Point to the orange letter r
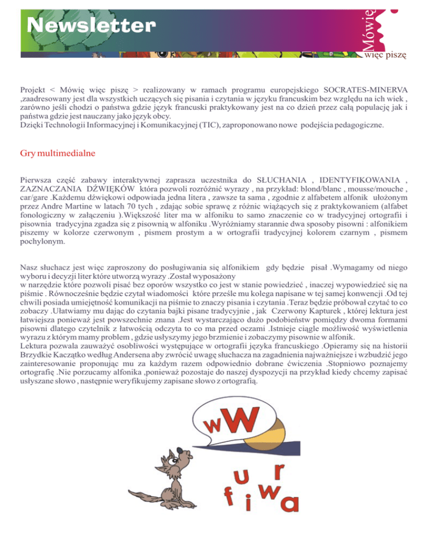click(x=280, y=472)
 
